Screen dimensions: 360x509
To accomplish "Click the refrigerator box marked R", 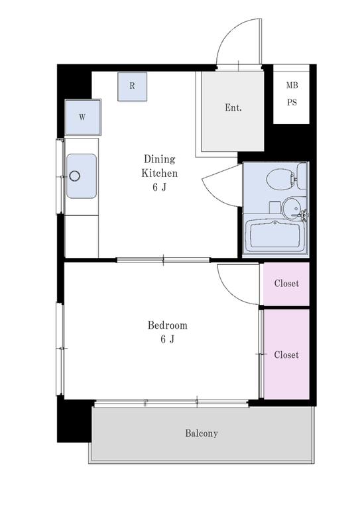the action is pyautogui.click(x=132, y=86).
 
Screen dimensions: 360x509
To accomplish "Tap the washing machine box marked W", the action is pyautogui.click(x=83, y=117).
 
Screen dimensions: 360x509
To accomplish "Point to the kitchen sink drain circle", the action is pyautogui.click(x=74, y=176).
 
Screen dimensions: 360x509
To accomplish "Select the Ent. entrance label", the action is pyautogui.click(x=233, y=108).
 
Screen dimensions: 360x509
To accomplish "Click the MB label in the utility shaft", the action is pyautogui.click(x=292, y=85).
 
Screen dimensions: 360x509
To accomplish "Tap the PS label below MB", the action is pyautogui.click(x=292, y=102).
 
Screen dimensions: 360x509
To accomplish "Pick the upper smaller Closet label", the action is pyautogui.click(x=286, y=284).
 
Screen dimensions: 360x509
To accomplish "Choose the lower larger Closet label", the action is pyautogui.click(x=286, y=355).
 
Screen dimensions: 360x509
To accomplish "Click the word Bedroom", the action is pyautogui.click(x=168, y=325).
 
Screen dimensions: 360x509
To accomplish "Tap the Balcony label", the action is pyautogui.click(x=202, y=433).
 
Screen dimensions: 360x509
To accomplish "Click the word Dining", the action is pyautogui.click(x=159, y=159).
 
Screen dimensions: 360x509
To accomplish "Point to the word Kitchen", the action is pyautogui.click(x=159, y=173).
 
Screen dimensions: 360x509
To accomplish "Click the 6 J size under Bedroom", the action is pyautogui.click(x=168, y=339).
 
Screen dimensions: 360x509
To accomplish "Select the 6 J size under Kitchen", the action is pyautogui.click(x=159, y=188).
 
